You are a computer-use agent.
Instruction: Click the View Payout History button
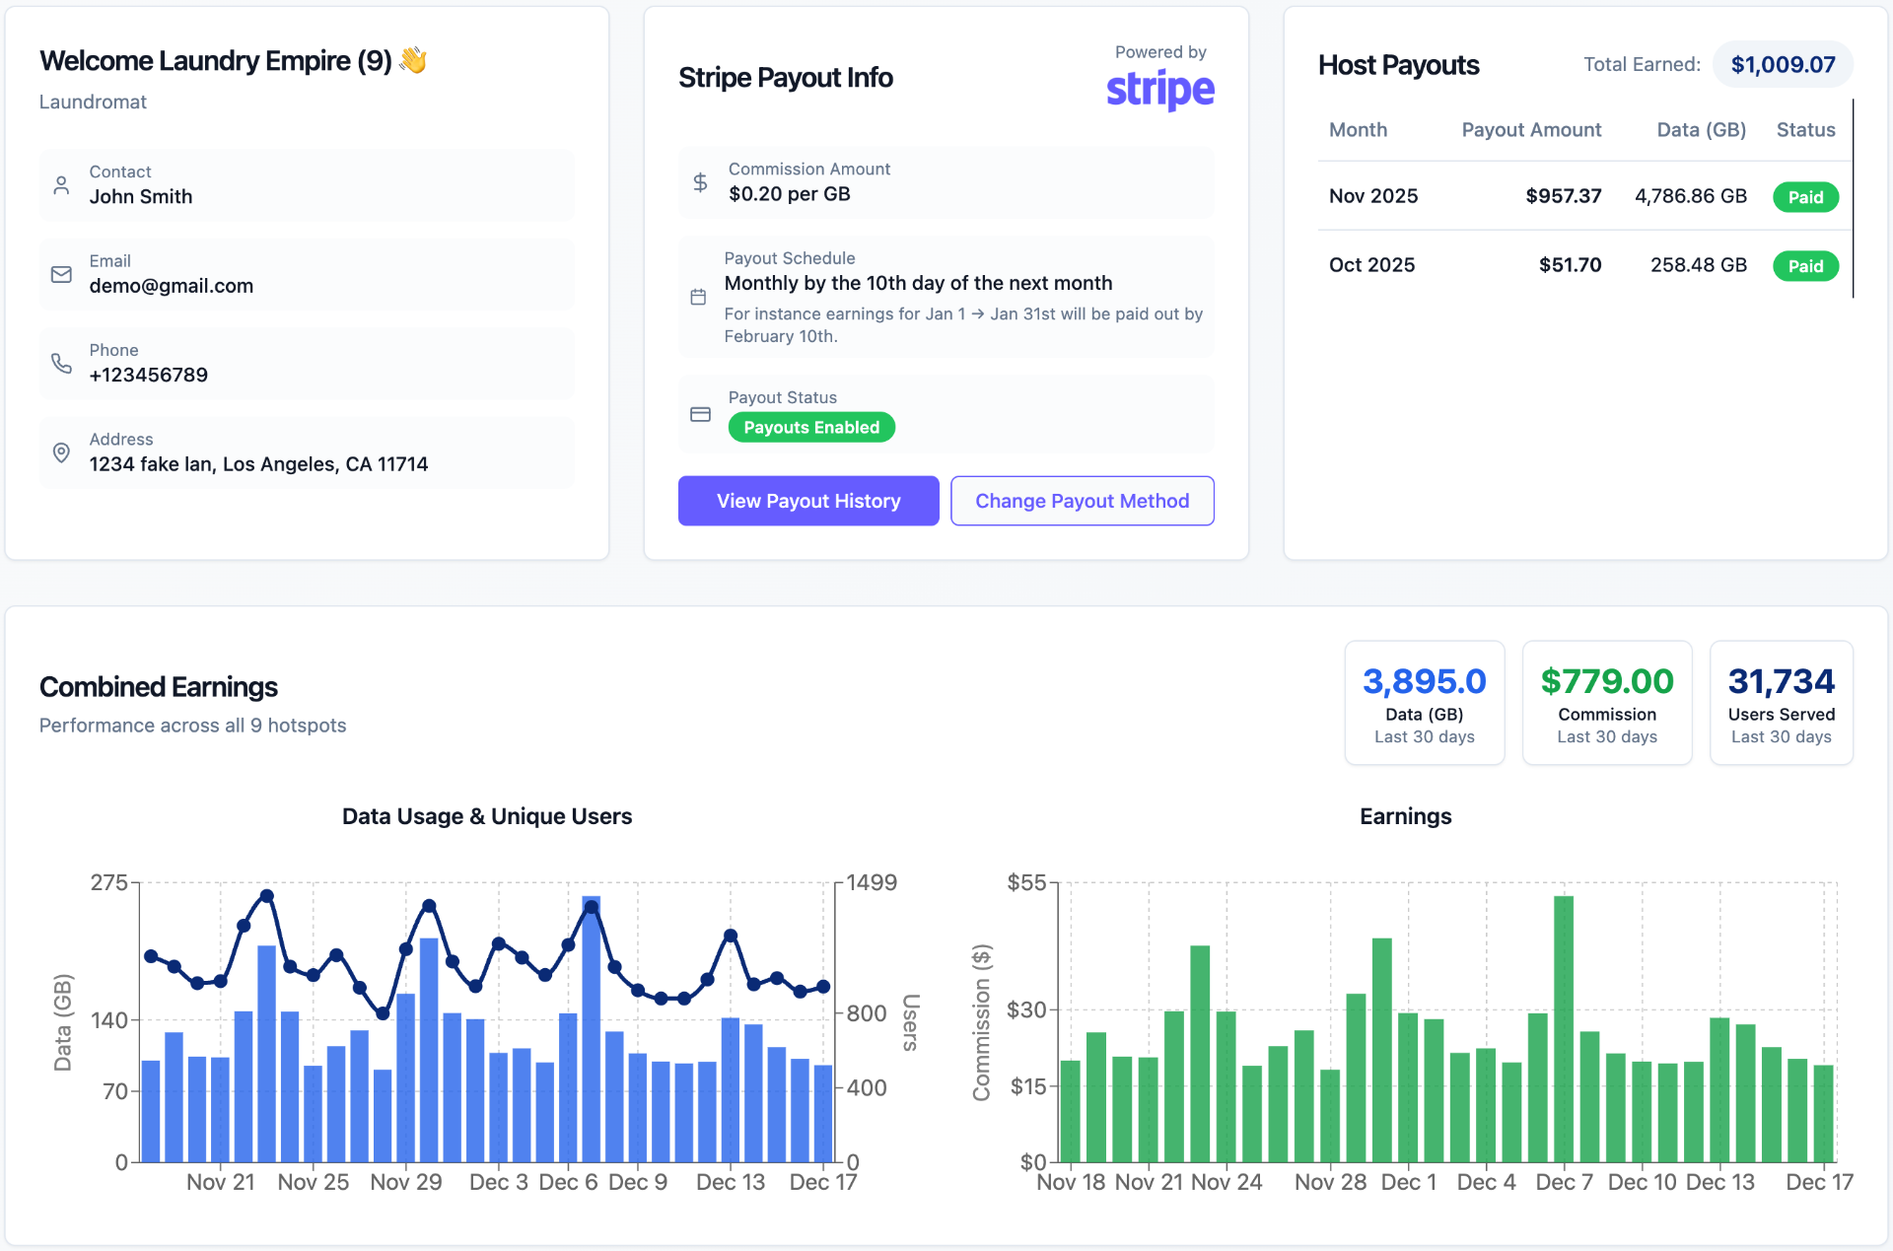[x=807, y=501]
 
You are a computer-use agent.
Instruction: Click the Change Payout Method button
[x=1082, y=501]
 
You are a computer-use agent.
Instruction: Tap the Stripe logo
[x=1159, y=90]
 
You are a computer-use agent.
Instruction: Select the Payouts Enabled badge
[x=810, y=427]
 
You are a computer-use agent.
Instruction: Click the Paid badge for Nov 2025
[x=1804, y=197]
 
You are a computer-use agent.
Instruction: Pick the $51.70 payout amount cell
[x=1570, y=265]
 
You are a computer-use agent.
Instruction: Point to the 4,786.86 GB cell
[x=1690, y=196]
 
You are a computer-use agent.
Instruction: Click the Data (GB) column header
[x=1701, y=130]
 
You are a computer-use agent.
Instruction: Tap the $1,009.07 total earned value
[x=1783, y=65]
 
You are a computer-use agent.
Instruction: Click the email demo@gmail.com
[x=172, y=286]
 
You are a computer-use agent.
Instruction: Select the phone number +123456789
[x=149, y=375]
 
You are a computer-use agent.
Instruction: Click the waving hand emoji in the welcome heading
[x=413, y=60]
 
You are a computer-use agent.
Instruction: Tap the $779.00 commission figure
[x=1606, y=681]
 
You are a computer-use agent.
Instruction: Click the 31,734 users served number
[x=1781, y=681]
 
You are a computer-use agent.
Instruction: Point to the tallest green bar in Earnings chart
[x=1563, y=1025]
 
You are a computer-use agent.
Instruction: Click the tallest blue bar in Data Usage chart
[x=591, y=1025]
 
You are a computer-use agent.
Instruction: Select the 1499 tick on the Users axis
[x=872, y=882]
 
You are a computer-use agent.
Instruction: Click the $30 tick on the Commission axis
[x=1025, y=1009]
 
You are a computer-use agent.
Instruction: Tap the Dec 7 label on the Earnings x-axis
[x=1564, y=1182]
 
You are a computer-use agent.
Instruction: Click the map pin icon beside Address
[x=61, y=452]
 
